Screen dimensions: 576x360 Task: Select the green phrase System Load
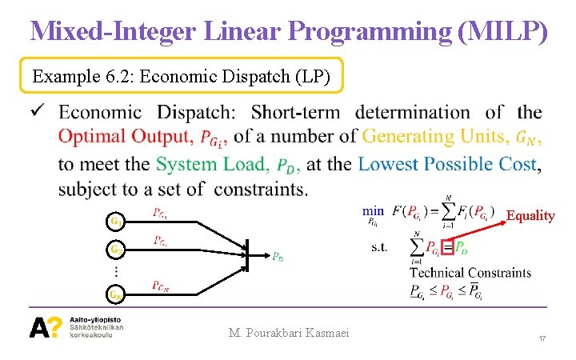(212, 164)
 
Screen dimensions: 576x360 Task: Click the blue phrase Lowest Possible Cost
(449, 164)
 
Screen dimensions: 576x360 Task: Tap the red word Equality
(530, 215)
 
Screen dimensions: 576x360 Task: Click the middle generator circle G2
(116, 250)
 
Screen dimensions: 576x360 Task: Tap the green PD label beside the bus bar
(277, 257)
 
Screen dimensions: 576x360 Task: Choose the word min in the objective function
(373, 211)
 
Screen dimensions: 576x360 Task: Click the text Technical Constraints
(470, 273)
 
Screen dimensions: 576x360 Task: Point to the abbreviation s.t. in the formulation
(379, 246)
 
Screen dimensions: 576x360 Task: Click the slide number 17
(542, 339)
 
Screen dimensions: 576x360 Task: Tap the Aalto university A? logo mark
(45, 327)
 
